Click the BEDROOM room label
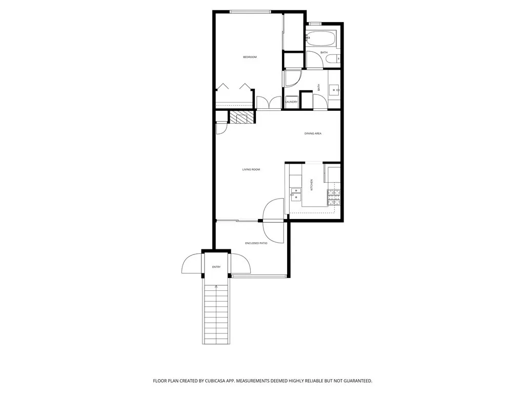(250, 57)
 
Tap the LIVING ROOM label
(251, 169)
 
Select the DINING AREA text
(313, 133)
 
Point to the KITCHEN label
(311, 185)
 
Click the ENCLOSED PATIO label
(256, 243)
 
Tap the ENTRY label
(216, 267)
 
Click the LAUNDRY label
(291, 102)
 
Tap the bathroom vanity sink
(335, 90)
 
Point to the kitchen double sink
(296, 193)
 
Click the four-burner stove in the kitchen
(334, 198)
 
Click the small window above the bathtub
(314, 24)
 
